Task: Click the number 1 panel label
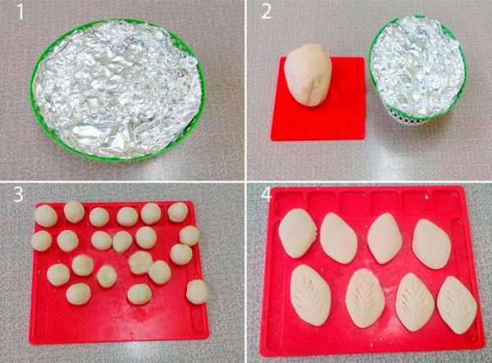pos(20,12)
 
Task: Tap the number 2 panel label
pos(266,12)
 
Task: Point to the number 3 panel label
pos(18,194)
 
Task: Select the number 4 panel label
pos(266,194)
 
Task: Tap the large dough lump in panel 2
pos(307,75)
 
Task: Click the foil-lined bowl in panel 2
pos(417,68)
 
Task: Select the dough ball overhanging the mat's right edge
pos(197,292)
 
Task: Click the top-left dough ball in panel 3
pos(46,216)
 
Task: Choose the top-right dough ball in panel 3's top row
pos(178,212)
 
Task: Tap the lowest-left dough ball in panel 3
pos(79,294)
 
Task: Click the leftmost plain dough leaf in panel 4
pos(298,233)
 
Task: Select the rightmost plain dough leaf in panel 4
pos(431,244)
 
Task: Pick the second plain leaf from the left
pos(339,238)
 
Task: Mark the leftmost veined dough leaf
pos(310,295)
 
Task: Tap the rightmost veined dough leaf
pos(457,305)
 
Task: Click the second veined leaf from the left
pos(365,298)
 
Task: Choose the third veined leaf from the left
pos(414,301)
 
